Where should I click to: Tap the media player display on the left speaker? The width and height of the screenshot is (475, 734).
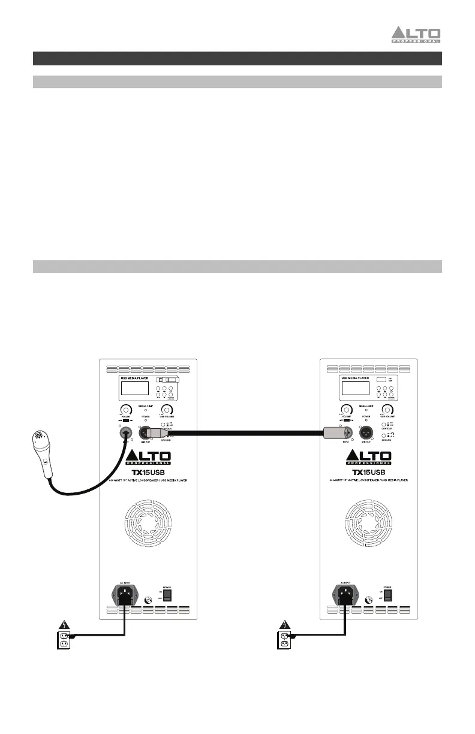134,388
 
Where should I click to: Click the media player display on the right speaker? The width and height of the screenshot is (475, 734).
356,388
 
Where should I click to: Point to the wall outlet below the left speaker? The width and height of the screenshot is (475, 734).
64,640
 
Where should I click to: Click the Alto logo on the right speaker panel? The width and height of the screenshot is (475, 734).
369,457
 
